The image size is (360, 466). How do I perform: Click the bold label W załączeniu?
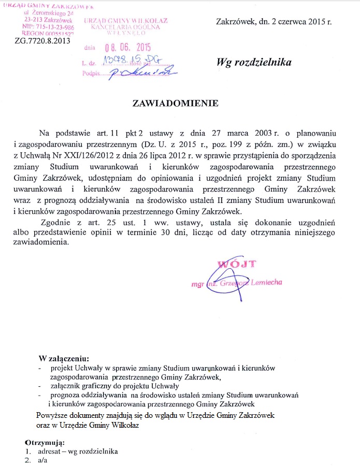point(64,358)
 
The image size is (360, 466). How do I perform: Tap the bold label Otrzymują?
point(45,442)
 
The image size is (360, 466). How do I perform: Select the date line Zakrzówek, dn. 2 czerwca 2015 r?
point(275,22)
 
